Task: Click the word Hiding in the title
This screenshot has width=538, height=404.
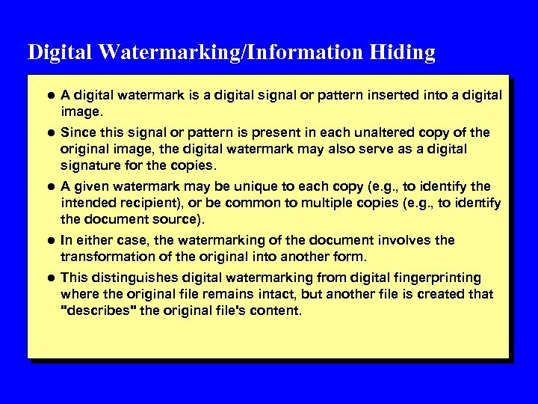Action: (x=402, y=52)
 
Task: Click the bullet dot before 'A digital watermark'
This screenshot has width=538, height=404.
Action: (x=49, y=95)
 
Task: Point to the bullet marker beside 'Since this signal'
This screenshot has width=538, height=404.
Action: (x=49, y=132)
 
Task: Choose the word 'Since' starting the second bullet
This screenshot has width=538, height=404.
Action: (x=77, y=132)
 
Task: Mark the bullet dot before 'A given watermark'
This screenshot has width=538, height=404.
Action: (x=49, y=186)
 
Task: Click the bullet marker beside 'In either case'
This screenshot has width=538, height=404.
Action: (x=49, y=240)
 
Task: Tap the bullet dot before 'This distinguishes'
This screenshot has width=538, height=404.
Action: (x=49, y=278)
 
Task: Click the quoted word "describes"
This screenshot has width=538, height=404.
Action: (x=98, y=310)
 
